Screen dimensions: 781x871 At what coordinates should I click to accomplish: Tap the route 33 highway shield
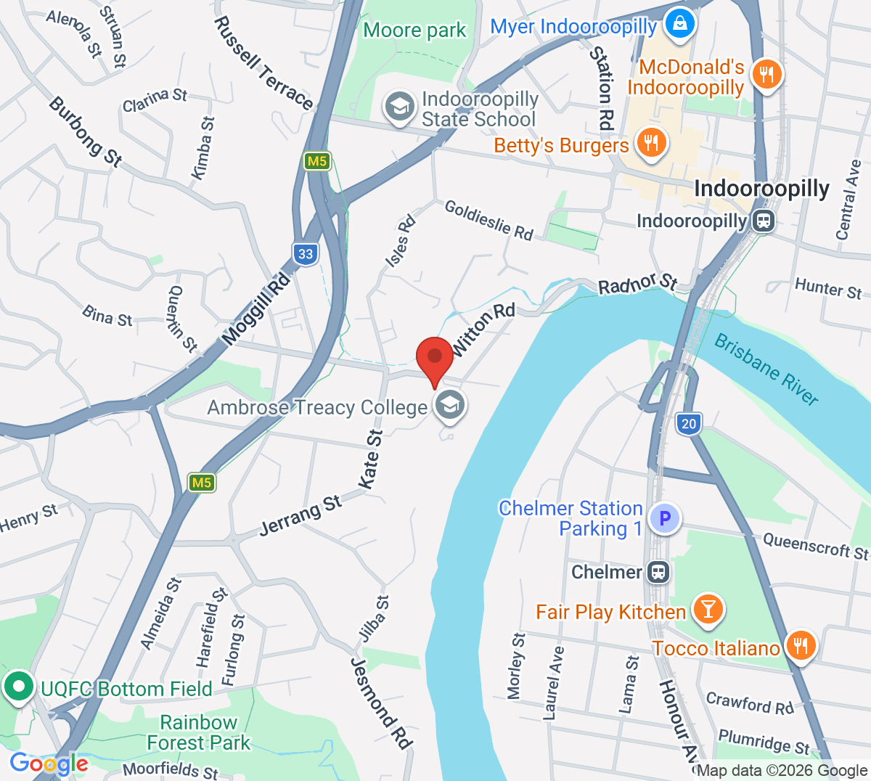click(306, 254)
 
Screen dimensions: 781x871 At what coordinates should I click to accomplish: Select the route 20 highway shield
click(688, 423)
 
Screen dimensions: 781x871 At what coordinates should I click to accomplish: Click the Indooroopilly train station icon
click(763, 221)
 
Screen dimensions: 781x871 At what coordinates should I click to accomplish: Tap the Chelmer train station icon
click(658, 572)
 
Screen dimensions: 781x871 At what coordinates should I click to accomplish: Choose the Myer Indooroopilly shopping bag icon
click(681, 24)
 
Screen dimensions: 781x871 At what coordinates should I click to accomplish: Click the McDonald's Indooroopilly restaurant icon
click(766, 74)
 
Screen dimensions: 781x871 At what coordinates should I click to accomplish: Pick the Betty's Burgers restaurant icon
click(651, 143)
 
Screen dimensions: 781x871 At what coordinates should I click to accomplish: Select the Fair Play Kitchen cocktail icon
click(707, 610)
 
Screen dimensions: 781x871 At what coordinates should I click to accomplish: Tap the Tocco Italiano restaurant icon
click(800, 645)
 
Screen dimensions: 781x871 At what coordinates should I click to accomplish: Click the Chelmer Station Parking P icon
click(664, 518)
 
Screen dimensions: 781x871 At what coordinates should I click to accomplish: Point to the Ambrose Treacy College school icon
click(450, 406)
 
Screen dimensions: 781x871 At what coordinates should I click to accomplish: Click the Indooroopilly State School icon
click(399, 107)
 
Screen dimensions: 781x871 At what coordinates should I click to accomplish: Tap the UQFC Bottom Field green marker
click(18, 686)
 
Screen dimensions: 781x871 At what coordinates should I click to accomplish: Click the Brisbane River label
click(766, 369)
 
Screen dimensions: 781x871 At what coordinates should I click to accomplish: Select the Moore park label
click(414, 30)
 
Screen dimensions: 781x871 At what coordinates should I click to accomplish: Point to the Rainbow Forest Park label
click(198, 732)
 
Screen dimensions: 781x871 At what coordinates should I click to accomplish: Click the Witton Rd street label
click(483, 329)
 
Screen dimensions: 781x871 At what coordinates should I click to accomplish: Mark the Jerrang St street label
click(300, 516)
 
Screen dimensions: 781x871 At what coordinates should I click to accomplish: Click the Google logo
click(49, 764)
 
